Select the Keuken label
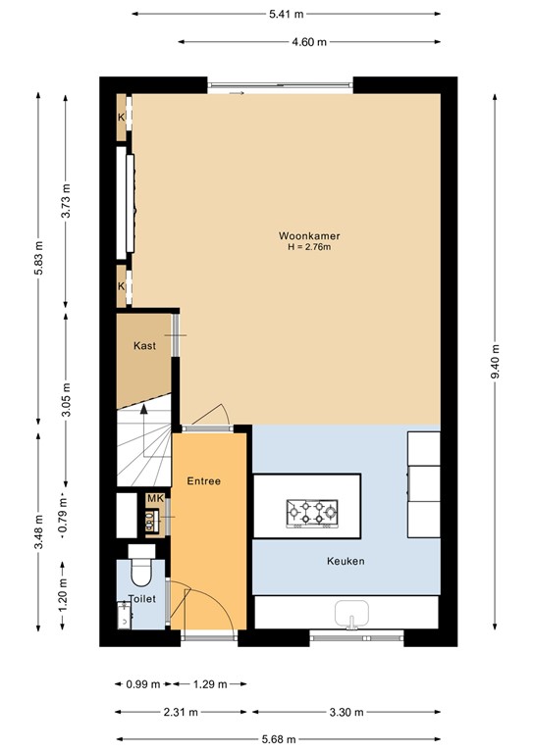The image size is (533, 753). coord(346,561)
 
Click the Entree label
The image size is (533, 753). coord(204,481)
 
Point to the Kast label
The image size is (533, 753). coord(145,346)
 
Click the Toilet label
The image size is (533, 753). coord(142,599)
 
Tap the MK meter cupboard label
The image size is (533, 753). coord(154,499)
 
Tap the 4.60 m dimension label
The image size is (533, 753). coord(309,42)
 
